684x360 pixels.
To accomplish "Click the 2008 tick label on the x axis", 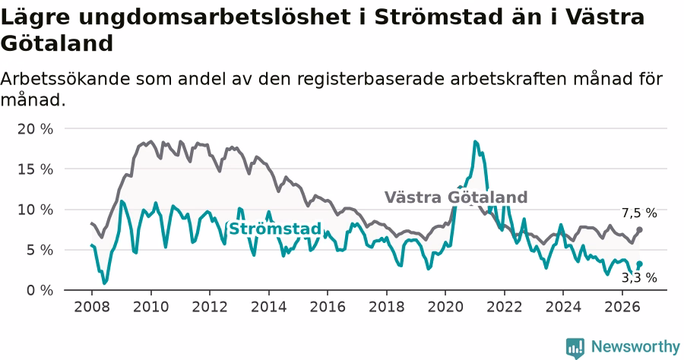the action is click(x=92, y=306).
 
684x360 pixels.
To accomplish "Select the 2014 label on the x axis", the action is click(x=268, y=306).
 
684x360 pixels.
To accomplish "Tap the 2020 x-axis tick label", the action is click(x=445, y=306).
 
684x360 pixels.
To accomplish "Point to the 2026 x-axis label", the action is click(x=622, y=306).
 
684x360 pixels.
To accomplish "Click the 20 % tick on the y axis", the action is click(x=35, y=129).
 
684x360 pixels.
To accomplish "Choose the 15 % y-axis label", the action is click(x=35, y=169).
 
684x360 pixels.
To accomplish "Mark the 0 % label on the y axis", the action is click(x=40, y=290).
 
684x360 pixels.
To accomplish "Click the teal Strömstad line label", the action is click(x=275, y=229).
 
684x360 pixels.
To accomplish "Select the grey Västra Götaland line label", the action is click(x=456, y=197).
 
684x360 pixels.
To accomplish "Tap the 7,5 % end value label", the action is click(x=639, y=213).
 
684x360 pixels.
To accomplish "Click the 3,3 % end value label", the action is click(x=639, y=278).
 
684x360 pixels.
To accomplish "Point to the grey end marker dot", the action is click(x=639, y=229).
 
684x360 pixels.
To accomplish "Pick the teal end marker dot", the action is click(x=639, y=264).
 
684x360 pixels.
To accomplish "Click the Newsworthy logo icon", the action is click(x=575, y=348).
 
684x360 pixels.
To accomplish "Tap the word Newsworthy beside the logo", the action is click(x=635, y=346).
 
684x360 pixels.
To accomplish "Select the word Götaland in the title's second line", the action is click(x=57, y=43).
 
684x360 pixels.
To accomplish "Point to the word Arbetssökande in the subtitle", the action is click(x=65, y=79).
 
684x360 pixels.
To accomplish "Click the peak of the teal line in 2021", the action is click(x=475, y=141).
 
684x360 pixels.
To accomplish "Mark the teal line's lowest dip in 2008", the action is click(x=104, y=283).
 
